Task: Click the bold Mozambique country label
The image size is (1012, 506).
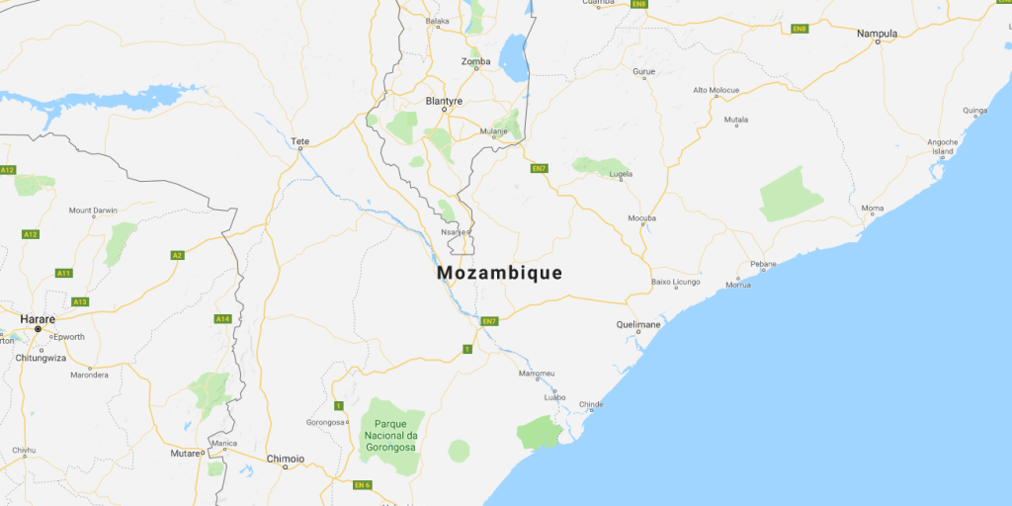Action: point(499,273)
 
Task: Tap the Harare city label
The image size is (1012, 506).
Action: point(38,319)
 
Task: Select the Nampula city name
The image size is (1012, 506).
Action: point(877,34)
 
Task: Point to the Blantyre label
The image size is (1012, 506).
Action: point(443,101)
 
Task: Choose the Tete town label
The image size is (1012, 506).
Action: point(300,141)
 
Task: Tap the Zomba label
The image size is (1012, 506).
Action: point(475,62)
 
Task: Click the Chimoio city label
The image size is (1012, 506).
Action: point(286,459)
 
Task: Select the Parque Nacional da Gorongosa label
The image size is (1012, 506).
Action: point(390,435)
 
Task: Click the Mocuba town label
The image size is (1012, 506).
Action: point(641,217)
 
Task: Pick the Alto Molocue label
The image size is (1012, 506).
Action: point(716,90)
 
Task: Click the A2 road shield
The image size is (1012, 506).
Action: point(178,255)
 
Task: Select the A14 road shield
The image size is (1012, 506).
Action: point(222,318)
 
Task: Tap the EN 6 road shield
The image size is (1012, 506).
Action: point(362,484)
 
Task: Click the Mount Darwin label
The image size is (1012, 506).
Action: point(93,211)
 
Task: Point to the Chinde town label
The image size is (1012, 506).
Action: point(590,404)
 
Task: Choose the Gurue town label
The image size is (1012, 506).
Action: point(643,72)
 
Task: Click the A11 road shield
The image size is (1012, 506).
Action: point(64,273)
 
